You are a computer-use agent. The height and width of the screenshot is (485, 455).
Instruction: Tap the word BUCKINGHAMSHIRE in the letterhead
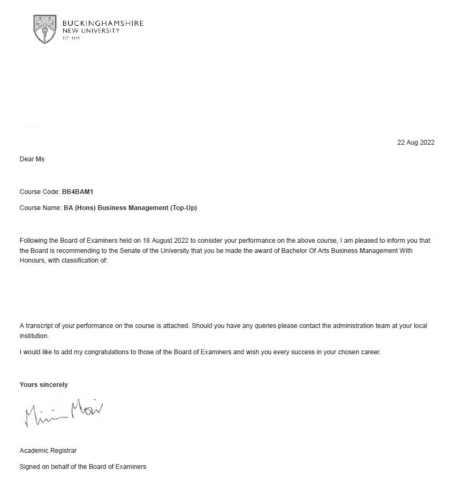[x=103, y=24]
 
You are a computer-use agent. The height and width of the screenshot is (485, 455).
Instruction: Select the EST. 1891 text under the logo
[x=71, y=39]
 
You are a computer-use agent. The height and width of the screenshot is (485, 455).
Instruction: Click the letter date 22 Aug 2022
[x=416, y=143]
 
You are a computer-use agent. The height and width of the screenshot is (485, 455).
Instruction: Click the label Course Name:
[x=40, y=207]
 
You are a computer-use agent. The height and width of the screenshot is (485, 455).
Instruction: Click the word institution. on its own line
[x=34, y=336]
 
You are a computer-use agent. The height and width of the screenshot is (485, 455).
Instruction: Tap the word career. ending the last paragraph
[x=370, y=352]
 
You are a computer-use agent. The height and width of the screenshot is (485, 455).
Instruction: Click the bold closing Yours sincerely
[x=44, y=385]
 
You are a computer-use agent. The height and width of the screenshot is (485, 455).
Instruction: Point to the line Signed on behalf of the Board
[x=83, y=467]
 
